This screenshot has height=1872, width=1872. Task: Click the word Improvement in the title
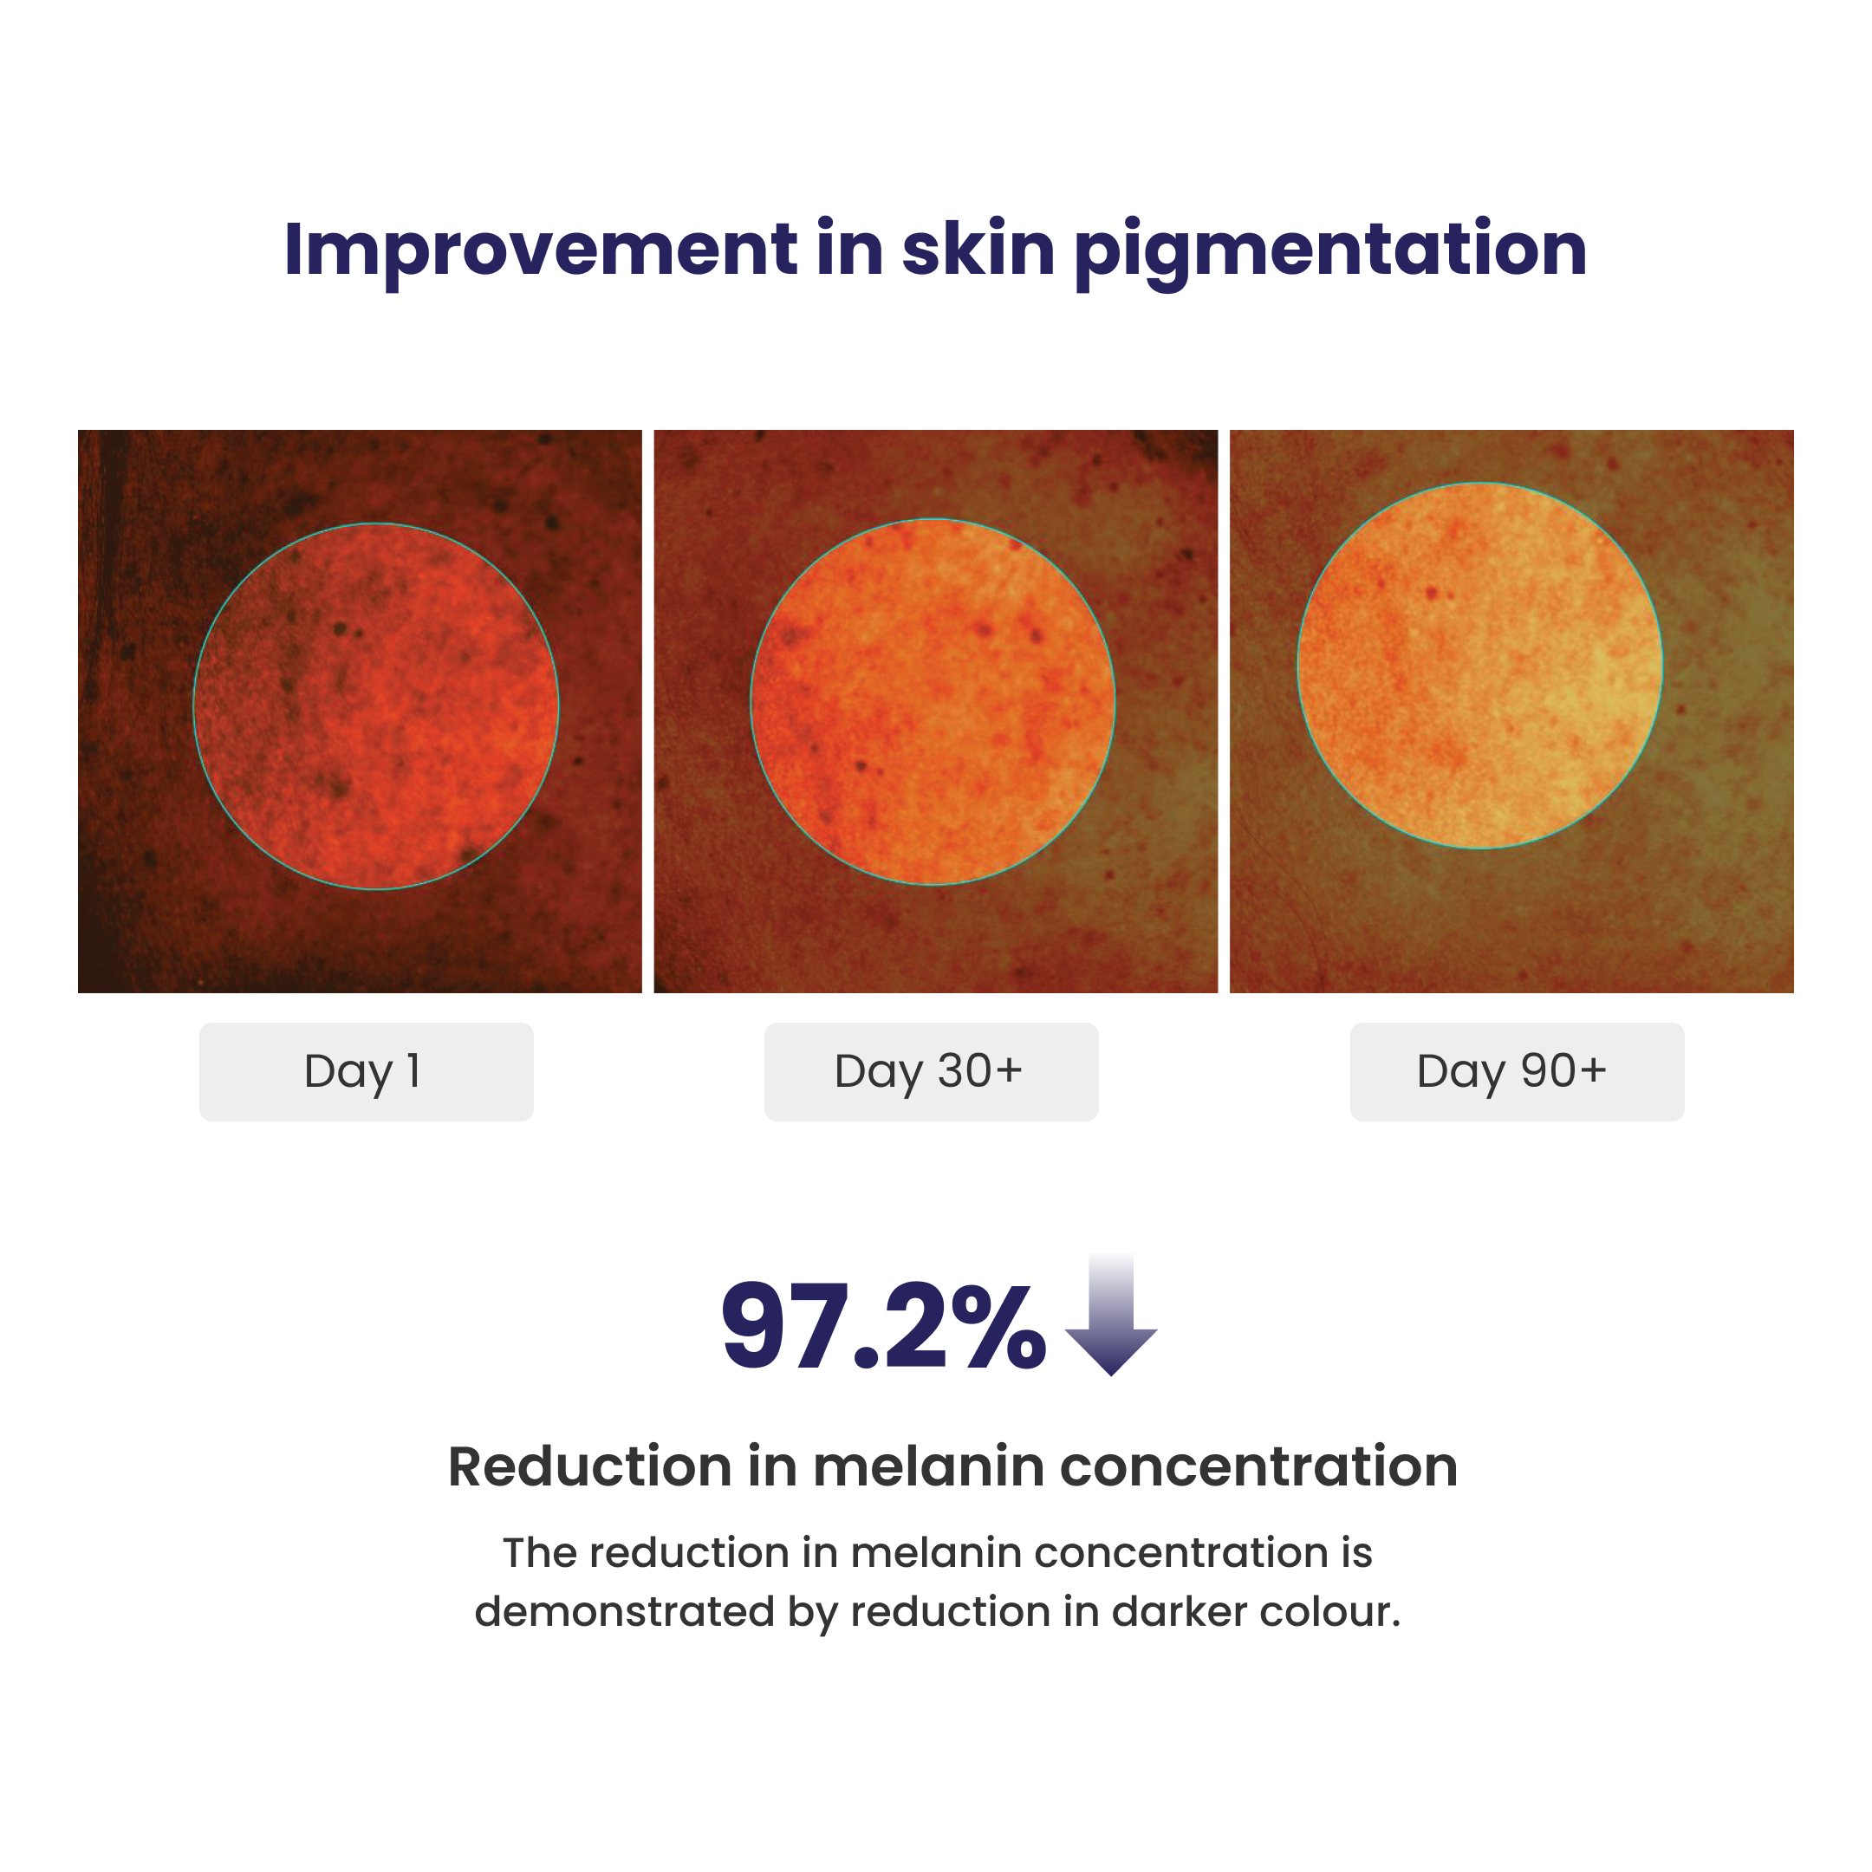coord(541,250)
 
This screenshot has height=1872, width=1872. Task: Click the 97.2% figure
coord(884,1327)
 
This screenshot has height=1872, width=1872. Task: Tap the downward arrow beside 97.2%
coord(1111,1315)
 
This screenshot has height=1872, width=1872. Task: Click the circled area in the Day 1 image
coord(376,706)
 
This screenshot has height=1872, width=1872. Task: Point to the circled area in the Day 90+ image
coord(1480,666)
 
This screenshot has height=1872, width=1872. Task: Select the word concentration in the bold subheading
coord(1259,1466)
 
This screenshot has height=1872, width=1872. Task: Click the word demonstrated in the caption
coord(624,1611)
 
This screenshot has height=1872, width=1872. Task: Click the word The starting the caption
coord(540,1553)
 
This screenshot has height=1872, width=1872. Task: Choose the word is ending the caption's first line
coord(1357,1553)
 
